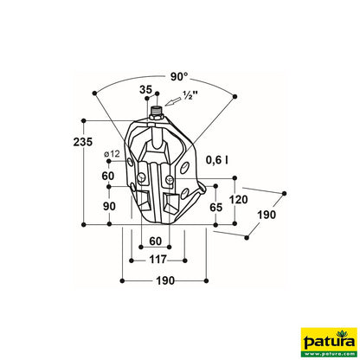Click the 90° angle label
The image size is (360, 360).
pos(179,76)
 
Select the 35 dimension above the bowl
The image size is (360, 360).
pos(145,89)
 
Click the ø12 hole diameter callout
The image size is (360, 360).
pos(111,154)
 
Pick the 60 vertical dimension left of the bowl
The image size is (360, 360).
pos(108,176)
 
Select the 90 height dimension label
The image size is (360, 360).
pos(108,207)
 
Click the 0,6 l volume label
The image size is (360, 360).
pos(216,159)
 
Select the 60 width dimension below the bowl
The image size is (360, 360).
pos(155,241)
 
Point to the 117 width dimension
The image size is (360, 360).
pos(157,260)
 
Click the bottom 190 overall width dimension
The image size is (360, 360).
pos(165,281)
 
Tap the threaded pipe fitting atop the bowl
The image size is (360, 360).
pos(155,113)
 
